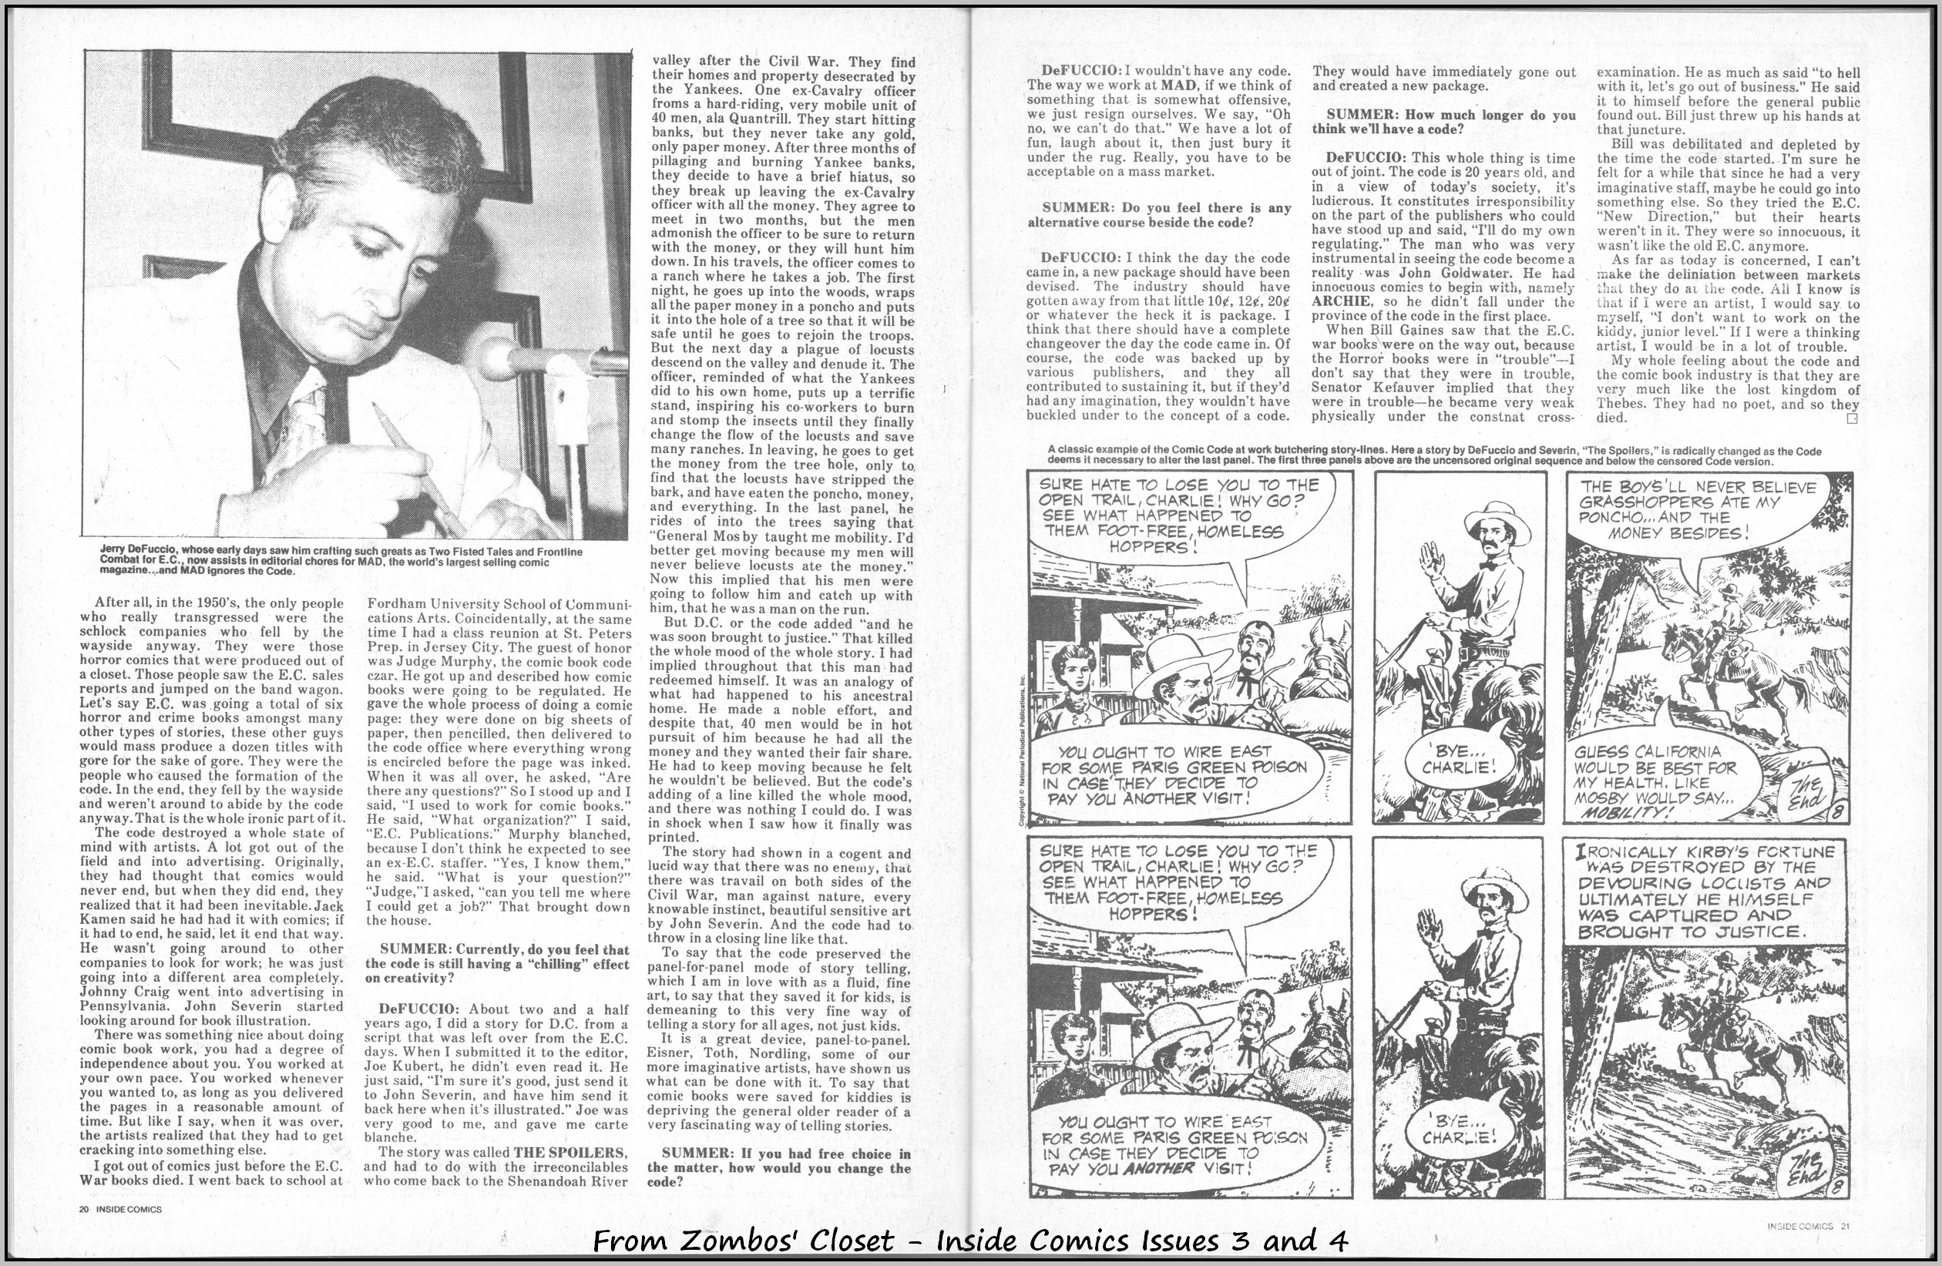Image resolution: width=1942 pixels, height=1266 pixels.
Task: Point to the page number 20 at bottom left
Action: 84,1209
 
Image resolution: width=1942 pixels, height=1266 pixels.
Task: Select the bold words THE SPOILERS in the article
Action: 571,1153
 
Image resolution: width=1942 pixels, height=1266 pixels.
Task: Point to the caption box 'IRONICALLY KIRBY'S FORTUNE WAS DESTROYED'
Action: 1705,892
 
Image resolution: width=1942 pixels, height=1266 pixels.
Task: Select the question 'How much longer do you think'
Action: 1443,122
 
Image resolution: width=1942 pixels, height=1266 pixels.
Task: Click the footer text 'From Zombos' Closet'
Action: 969,1241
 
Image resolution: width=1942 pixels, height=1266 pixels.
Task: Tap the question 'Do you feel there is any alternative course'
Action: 1159,214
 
